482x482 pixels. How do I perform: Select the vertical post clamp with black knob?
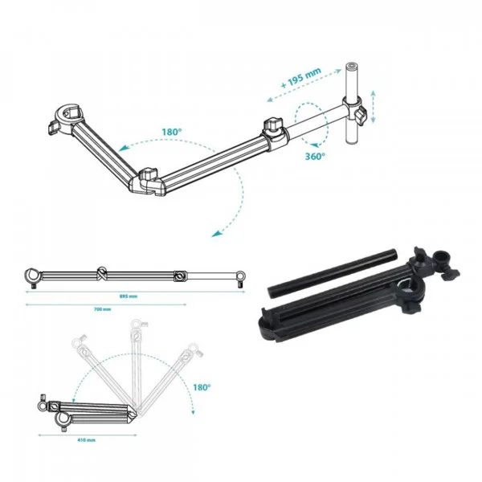click(x=358, y=110)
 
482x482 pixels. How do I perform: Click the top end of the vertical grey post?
click(x=351, y=67)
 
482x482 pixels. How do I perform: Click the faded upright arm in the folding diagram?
click(x=136, y=361)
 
